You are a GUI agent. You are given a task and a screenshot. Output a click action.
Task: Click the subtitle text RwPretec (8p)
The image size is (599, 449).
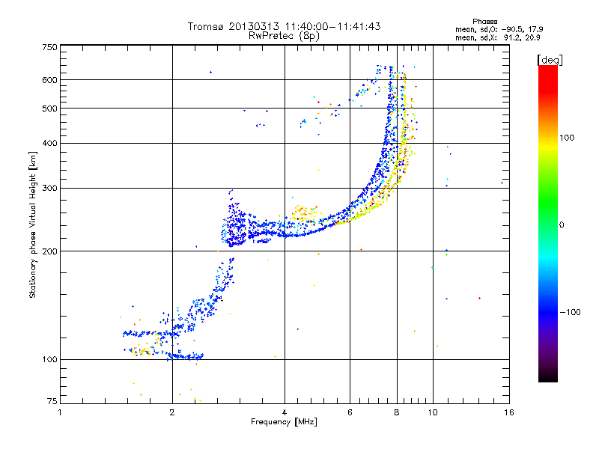click(284, 36)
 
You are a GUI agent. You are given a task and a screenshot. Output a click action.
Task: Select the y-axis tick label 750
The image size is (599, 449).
click(49, 47)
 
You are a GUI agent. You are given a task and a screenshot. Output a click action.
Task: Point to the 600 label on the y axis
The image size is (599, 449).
click(49, 80)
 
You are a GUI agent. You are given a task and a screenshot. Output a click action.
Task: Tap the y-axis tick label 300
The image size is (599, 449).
click(49, 189)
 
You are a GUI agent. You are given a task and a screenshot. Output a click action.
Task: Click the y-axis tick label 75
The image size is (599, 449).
click(52, 401)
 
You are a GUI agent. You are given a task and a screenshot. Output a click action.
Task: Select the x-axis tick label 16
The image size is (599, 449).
click(509, 412)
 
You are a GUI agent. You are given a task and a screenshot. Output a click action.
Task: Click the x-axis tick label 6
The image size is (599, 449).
click(350, 412)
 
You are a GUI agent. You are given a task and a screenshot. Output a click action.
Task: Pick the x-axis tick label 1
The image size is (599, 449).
click(60, 412)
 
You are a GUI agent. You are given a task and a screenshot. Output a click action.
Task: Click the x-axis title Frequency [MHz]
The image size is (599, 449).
click(284, 422)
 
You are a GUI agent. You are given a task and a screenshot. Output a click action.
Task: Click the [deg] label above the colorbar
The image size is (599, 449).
click(550, 61)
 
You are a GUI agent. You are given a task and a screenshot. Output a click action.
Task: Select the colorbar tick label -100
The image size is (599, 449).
click(570, 312)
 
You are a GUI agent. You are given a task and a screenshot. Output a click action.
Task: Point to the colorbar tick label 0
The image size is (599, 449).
click(562, 225)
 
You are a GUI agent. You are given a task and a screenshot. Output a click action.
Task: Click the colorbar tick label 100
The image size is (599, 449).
click(567, 138)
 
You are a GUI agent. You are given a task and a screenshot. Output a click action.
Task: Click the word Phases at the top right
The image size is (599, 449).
click(484, 22)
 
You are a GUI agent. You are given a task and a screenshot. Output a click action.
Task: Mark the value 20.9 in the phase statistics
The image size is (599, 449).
click(532, 37)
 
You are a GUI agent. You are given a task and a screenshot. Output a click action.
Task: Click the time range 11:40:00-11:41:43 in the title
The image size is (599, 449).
click(332, 26)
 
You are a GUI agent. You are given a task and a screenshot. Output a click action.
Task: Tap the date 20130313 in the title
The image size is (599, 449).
click(254, 26)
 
